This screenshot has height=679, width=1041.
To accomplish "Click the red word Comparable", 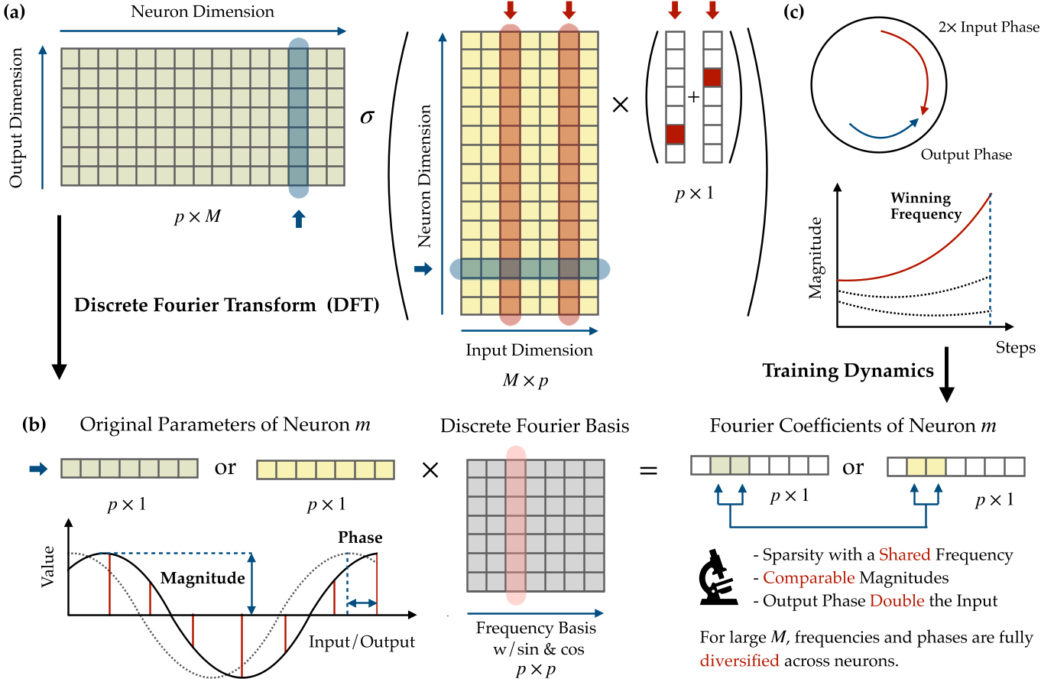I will coord(801,578).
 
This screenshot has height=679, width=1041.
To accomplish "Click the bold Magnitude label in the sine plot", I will coord(202,578).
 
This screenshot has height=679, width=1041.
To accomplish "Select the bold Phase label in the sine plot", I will coord(360,538).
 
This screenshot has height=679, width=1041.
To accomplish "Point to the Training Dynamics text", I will coord(848,371).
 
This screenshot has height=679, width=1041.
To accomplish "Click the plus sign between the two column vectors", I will coord(692,97).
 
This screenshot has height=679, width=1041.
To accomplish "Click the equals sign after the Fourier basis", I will coord(647,469).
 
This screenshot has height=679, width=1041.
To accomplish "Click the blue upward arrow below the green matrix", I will coord(299,219).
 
